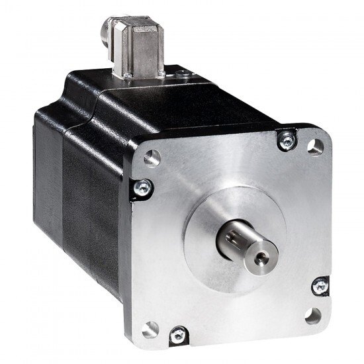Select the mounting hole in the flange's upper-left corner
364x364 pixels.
tap(152, 158)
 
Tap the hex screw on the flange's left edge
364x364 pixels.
tap(140, 187)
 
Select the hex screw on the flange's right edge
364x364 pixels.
tap(320, 286)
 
